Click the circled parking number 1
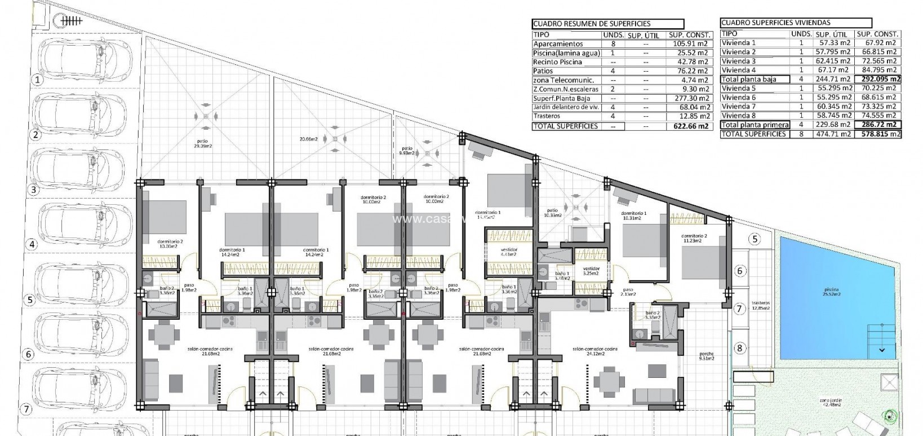[x=37, y=80]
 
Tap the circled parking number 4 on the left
[x=32, y=244]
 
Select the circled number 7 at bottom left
[x=25, y=408]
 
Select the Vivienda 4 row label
[x=738, y=70]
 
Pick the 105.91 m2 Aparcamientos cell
[x=688, y=43]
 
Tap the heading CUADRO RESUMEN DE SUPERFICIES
[x=592, y=24]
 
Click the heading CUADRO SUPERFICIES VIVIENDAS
[x=775, y=23]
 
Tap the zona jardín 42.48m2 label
[x=831, y=403]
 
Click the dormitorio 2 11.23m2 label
[x=694, y=238]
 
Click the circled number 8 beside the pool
[x=740, y=349]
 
